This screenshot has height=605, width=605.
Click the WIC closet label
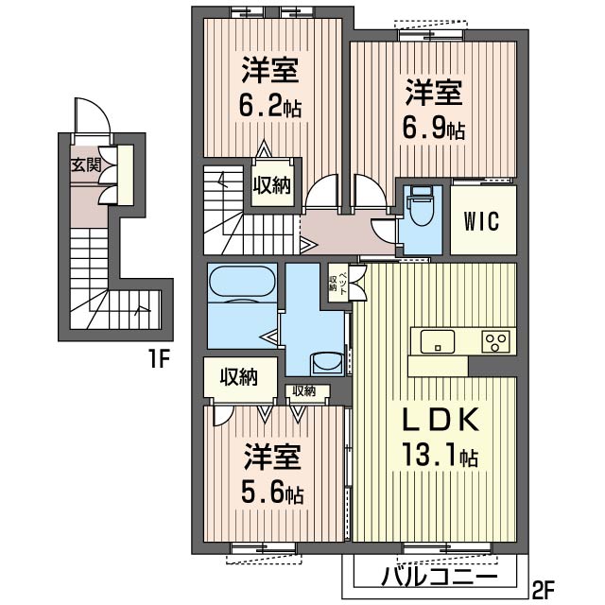coord(481,221)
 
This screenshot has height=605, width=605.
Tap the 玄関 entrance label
coord(86,165)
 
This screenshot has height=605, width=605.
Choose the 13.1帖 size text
coord(440,456)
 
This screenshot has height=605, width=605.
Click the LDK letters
coord(441,420)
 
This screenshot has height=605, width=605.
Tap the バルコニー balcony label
coord(439,578)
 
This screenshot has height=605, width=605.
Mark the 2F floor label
coord(544,589)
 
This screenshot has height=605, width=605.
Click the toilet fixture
coord(422,207)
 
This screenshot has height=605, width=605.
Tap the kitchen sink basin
coord(437,341)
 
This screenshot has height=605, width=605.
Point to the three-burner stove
coord(495,342)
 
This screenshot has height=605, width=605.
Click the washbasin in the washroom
coord(326,363)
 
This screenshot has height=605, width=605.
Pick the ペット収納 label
coord(338,283)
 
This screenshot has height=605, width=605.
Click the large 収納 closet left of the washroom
coord(239,376)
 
